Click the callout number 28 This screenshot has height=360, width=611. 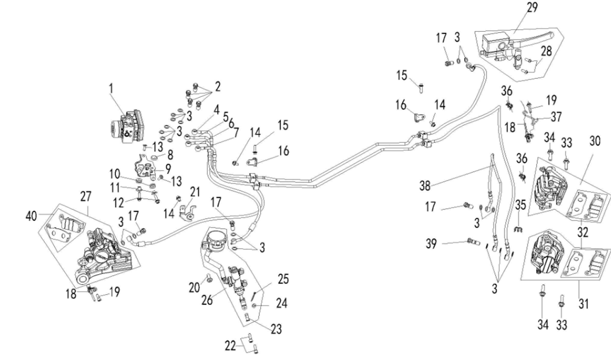(x=547, y=53)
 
